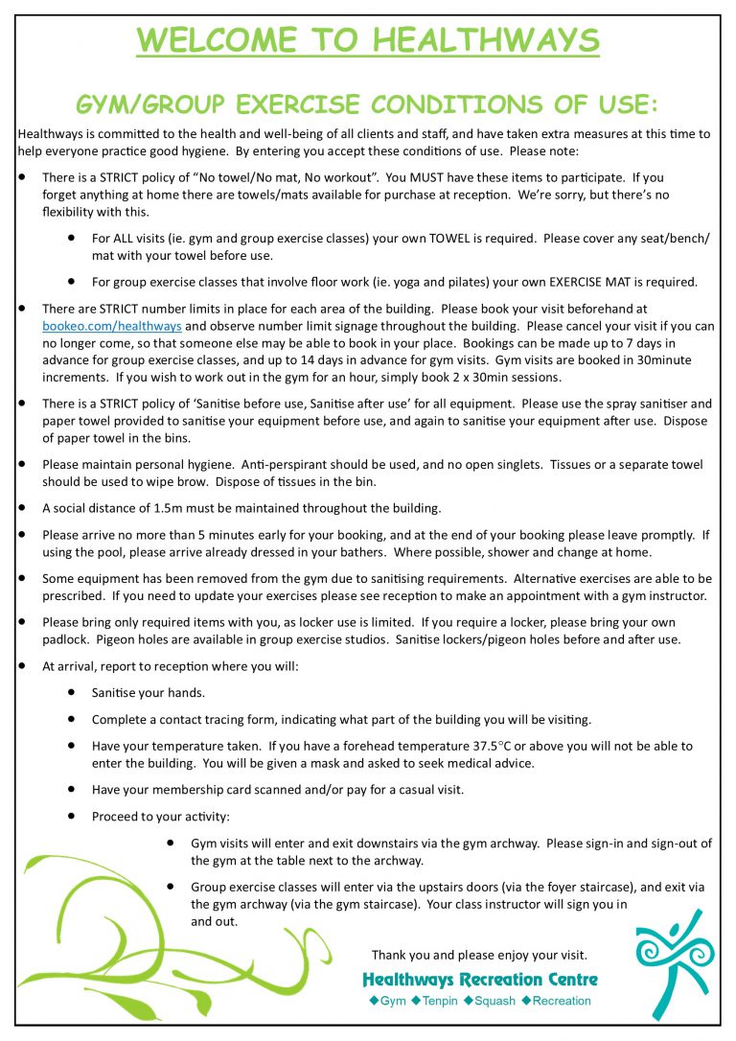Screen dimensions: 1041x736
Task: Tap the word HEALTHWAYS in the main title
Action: click(x=486, y=40)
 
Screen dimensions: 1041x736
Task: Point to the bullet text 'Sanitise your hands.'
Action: click(x=149, y=692)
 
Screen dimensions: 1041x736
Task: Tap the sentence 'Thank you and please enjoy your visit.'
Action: click(x=479, y=955)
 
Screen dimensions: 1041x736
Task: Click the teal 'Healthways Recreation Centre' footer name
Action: click(x=479, y=980)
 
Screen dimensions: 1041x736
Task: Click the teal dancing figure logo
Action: click(x=675, y=962)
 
